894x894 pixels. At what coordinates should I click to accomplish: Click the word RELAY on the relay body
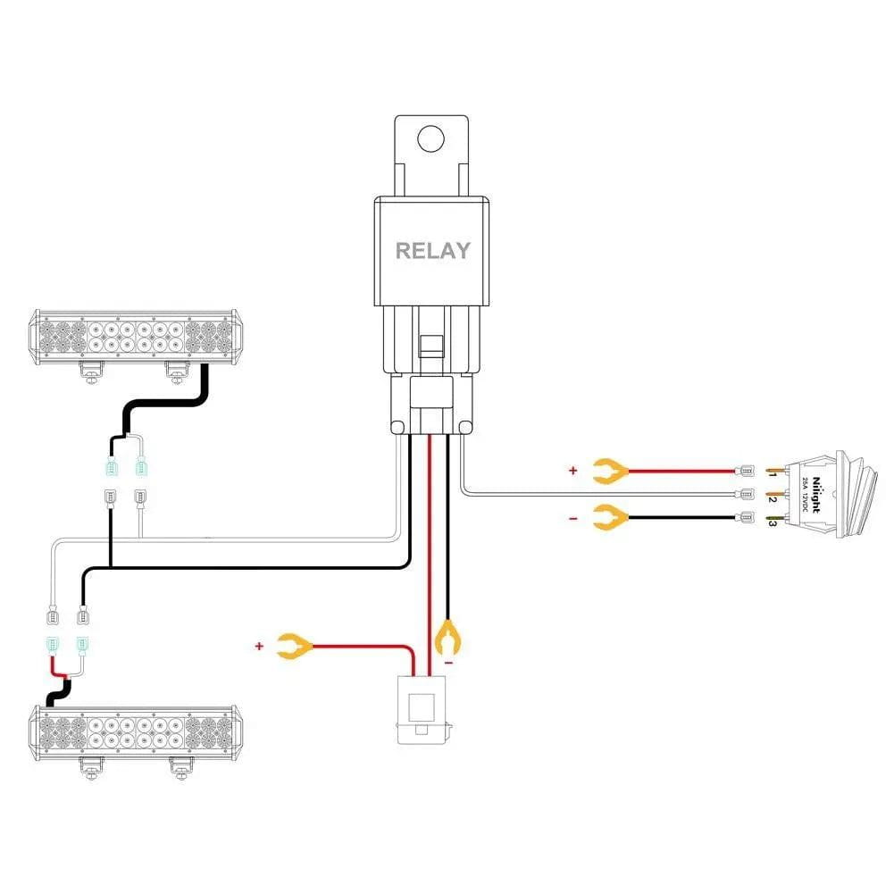pos(432,250)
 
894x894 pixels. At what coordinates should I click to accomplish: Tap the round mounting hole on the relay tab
pos(431,138)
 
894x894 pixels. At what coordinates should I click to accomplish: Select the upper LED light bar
pos(137,337)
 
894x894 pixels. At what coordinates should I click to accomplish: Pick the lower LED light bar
pos(137,732)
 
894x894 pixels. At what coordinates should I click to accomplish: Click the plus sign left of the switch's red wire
pos(572,469)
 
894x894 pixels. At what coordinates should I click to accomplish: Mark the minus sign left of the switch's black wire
pos(572,517)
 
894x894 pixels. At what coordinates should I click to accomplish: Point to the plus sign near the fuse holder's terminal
pos(260,645)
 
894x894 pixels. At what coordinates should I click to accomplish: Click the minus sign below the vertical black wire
pos(448,664)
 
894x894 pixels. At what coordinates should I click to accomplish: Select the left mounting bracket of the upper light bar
pos(89,370)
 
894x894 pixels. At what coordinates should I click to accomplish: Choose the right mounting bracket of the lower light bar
pos(181,765)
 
